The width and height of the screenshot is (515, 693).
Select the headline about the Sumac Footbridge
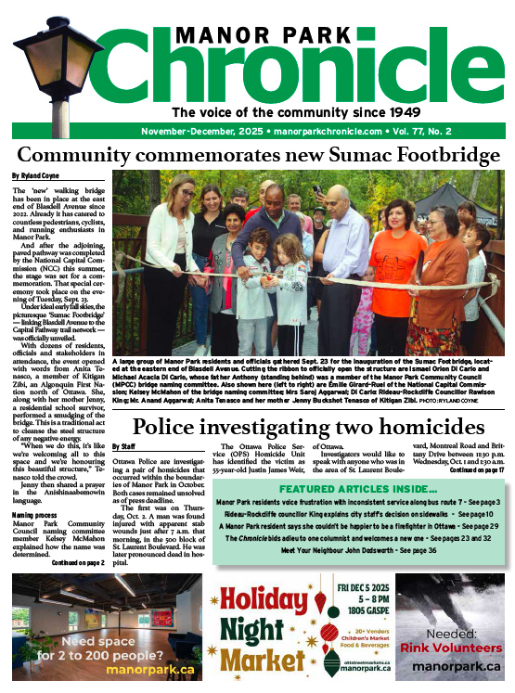(259, 154)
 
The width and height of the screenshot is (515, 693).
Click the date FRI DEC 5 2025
(344, 586)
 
